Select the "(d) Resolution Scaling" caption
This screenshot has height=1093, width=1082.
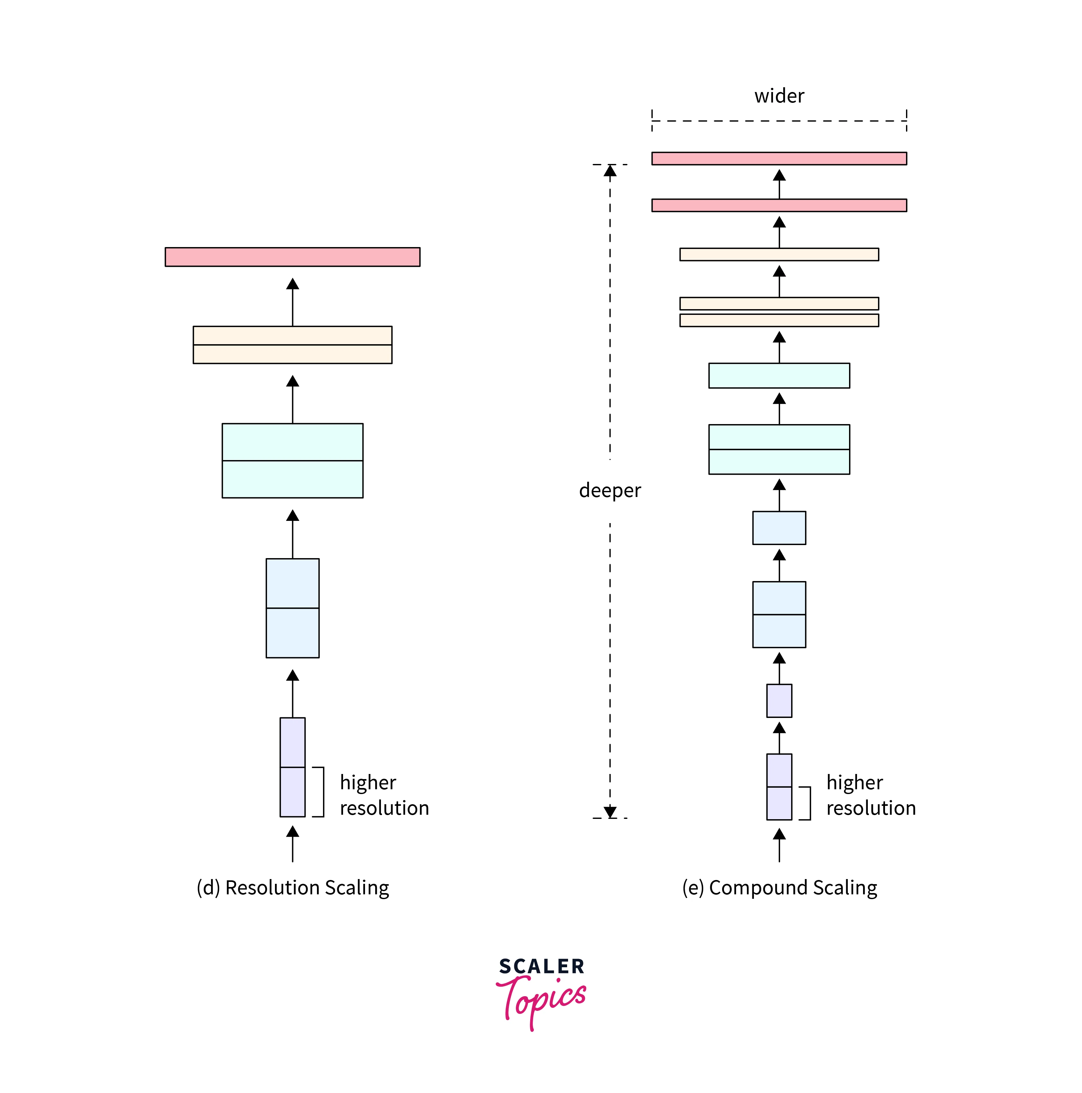[x=292, y=888]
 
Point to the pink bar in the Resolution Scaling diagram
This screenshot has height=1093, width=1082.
[x=292, y=257]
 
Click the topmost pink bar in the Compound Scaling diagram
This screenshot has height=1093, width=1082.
[x=778, y=159]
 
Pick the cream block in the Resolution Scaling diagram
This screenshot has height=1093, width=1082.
[x=292, y=344]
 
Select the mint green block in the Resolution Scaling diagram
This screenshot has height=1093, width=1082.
[x=292, y=460]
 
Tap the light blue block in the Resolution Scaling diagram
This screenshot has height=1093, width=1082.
[x=292, y=608]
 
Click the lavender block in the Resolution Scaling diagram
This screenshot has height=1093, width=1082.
[x=292, y=767]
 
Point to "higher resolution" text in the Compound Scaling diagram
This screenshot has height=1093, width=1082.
[x=870, y=795]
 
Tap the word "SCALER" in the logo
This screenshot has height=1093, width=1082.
[x=541, y=966]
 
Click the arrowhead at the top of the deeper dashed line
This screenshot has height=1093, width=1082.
[x=610, y=171]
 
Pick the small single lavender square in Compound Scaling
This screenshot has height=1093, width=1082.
[x=779, y=700]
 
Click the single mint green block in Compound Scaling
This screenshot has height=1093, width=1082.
[x=778, y=376]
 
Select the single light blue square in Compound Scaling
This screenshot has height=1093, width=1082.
[x=779, y=528]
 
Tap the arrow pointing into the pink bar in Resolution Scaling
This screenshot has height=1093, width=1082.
[x=292, y=300]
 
